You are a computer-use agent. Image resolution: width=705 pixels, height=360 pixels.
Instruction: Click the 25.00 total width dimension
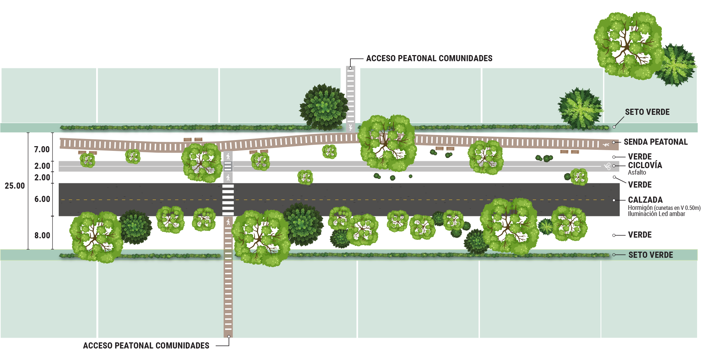pos(15,186)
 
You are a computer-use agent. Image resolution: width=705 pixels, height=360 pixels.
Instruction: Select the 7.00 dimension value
pos(42,149)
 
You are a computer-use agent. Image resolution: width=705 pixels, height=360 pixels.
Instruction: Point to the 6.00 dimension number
pos(42,199)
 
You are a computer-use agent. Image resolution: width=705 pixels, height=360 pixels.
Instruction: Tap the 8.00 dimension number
pos(42,235)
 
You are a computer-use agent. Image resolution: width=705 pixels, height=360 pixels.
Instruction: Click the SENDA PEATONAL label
pos(655,142)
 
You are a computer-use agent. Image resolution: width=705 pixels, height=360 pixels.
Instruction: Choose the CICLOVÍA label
pos(645,165)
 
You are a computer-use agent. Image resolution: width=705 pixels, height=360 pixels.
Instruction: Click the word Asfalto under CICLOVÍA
pos(637,172)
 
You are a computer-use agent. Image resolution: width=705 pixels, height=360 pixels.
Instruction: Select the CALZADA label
pos(645,200)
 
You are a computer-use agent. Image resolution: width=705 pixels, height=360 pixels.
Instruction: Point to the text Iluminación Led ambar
pos(656,214)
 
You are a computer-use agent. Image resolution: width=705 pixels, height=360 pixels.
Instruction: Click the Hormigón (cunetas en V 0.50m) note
pos(664,208)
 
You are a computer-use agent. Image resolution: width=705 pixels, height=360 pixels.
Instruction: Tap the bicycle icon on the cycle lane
pos(608,166)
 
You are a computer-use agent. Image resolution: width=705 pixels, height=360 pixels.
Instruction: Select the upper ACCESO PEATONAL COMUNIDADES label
pos(429,58)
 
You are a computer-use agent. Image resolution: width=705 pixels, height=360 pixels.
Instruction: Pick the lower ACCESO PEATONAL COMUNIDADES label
pos(146,345)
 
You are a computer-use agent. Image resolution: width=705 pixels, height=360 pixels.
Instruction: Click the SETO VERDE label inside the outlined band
pos(651,255)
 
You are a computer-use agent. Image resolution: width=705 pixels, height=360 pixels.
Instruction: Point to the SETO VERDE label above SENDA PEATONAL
pos(647,112)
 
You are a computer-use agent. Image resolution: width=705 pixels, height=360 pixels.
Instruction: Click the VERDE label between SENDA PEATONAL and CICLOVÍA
pos(639,157)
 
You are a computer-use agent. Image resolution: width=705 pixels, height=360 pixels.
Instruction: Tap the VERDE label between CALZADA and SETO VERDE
pos(639,235)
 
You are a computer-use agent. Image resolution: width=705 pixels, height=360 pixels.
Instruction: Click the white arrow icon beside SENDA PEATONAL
pos(606,145)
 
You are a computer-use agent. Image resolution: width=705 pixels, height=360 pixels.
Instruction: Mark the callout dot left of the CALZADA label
pos(614,200)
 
